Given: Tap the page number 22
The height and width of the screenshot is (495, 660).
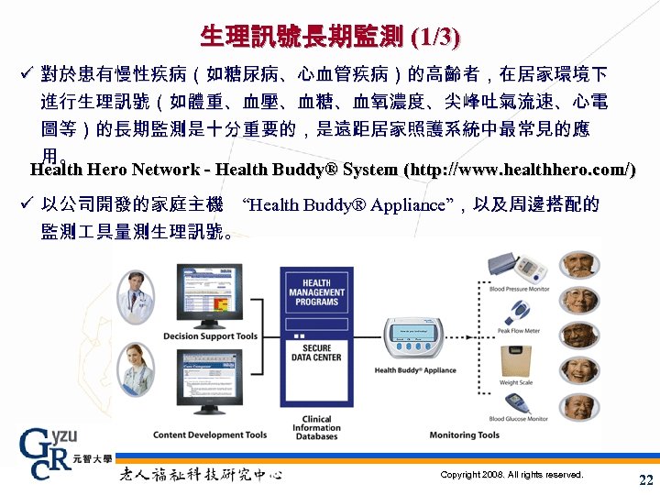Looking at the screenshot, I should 645,480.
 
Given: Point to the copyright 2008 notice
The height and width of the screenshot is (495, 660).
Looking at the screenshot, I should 511,475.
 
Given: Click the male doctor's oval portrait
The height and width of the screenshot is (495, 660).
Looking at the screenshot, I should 135,293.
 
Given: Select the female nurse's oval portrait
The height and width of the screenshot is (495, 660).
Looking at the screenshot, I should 135,367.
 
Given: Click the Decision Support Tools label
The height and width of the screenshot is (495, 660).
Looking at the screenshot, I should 211,336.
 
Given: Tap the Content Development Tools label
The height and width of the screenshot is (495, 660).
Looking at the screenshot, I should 210,434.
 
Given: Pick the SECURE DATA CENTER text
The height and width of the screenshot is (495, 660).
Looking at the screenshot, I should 316,353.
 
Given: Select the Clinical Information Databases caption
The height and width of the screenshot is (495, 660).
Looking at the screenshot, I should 317,428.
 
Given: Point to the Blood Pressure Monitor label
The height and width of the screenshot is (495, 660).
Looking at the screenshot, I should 519,290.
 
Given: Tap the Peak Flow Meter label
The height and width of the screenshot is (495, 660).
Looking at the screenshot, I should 519,331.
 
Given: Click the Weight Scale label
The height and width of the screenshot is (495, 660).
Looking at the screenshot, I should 516,382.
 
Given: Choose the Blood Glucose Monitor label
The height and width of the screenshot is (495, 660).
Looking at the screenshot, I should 519,419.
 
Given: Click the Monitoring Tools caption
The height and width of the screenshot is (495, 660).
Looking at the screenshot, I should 465,434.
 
